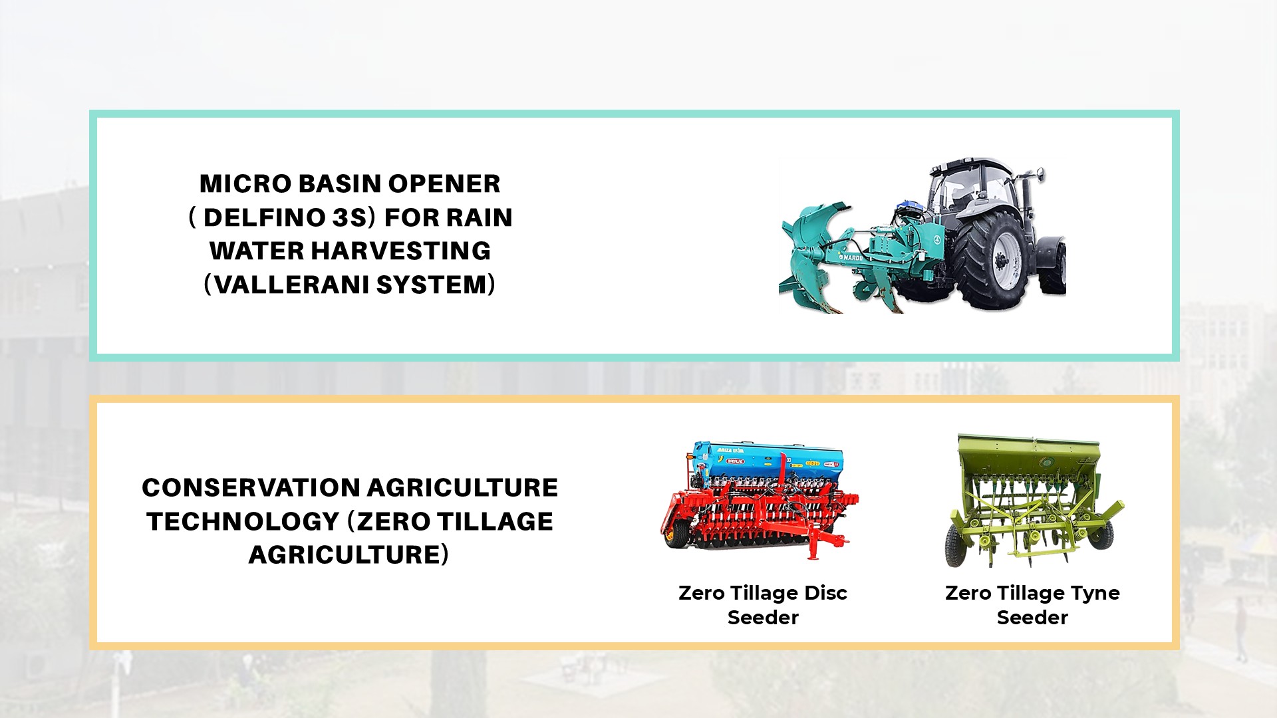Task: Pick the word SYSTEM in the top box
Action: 432,285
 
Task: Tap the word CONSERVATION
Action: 251,487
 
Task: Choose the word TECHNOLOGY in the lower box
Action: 243,521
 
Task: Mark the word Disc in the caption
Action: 825,593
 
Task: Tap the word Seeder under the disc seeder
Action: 763,618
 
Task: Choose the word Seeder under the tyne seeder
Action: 1032,618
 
